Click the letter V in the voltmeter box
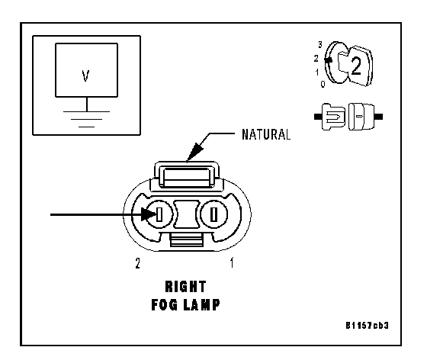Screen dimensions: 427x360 pyautogui.click(x=85, y=76)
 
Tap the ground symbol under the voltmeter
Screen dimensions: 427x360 pyautogui.click(x=87, y=119)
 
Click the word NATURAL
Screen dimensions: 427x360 pyautogui.click(x=266, y=134)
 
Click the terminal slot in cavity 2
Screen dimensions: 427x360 pyautogui.click(x=159, y=214)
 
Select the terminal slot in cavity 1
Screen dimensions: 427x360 pyautogui.click(x=214, y=214)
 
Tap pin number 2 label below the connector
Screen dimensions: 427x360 pyautogui.click(x=138, y=263)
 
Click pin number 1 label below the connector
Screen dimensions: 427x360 pyautogui.click(x=232, y=263)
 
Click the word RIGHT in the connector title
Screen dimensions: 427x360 pyautogui.click(x=186, y=287)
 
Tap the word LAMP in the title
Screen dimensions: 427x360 pyautogui.click(x=201, y=304)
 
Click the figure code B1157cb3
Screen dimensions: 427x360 pyautogui.click(x=367, y=326)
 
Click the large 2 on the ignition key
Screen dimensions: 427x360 pyautogui.click(x=356, y=66)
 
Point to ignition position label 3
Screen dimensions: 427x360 pyautogui.click(x=320, y=44)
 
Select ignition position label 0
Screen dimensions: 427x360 pyautogui.click(x=323, y=85)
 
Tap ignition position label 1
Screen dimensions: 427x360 pyautogui.click(x=317, y=72)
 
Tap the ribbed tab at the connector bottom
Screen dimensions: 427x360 pyautogui.click(x=187, y=240)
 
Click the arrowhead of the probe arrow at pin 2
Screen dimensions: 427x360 pyautogui.click(x=149, y=214)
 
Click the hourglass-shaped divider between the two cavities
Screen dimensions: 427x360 pyautogui.click(x=187, y=214)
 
